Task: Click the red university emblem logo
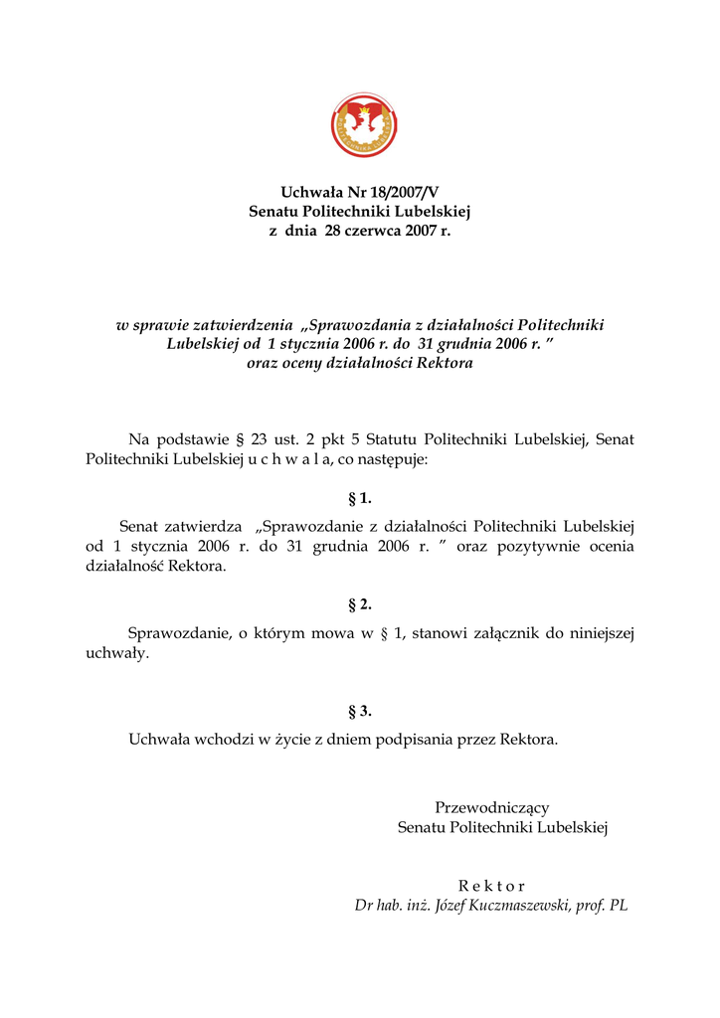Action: (365, 125)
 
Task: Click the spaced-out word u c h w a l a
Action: (296, 459)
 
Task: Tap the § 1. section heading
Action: (360, 498)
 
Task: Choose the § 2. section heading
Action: (360, 604)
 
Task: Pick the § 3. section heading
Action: (360, 711)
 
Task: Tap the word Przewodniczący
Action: (492, 808)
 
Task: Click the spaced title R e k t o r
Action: (492, 886)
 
